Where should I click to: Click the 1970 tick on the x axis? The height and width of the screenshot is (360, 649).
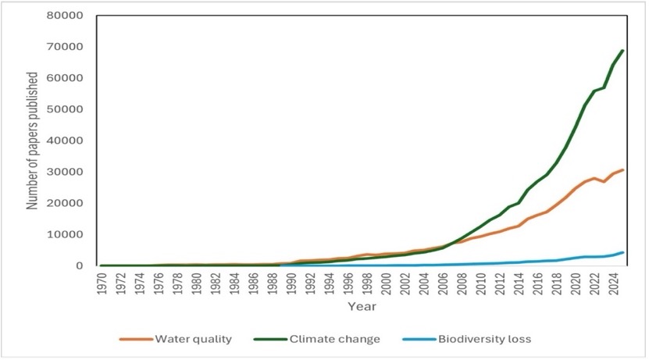tap(102, 283)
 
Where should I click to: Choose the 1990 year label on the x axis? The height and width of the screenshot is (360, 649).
tap(291, 283)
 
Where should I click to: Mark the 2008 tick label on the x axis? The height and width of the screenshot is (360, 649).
tap(461, 283)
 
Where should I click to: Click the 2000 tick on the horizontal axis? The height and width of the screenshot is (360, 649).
tap(385, 283)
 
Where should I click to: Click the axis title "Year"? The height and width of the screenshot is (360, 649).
tap(362, 305)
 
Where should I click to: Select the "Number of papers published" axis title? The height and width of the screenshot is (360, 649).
tap(33, 141)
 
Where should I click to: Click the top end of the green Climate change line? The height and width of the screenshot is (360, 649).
tap(622, 51)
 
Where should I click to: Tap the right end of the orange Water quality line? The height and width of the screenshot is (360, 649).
tap(622, 169)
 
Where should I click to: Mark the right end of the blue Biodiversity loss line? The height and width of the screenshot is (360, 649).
tap(622, 252)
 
